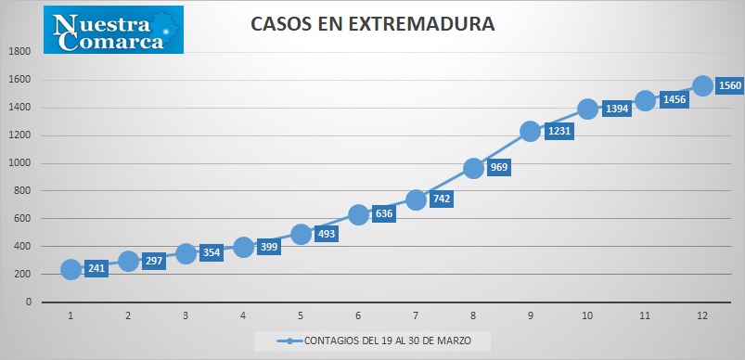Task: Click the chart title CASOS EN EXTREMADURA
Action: point(373,24)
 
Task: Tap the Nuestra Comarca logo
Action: point(113,30)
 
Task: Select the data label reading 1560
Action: point(730,85)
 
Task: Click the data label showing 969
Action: point(499,167)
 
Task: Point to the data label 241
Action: point(96,268)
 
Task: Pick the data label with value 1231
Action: point(559,131)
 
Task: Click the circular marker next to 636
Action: point(358,214)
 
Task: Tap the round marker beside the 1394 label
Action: point(587,109)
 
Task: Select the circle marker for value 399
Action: point(243,247)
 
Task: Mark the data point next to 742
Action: point(416,199)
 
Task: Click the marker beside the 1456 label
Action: point(645,100)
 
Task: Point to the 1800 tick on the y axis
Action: point(19,52)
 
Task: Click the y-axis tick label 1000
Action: point(19,163)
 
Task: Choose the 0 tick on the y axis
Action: point(29,302)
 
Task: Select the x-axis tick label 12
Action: point(702,315)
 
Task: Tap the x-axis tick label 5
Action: point(301,315)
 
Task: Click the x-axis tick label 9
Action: point(531,315)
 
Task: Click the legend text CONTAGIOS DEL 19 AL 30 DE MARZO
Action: point(388,341)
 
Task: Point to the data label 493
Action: point(327,233)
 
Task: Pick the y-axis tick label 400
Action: point(22,247)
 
